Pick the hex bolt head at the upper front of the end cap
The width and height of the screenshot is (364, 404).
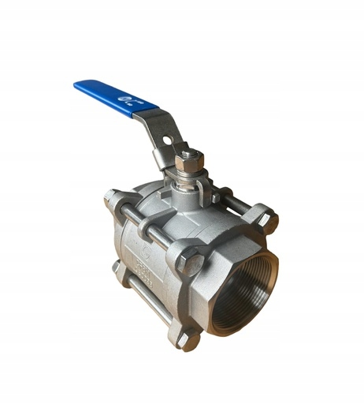pyautogui.click(x=190, y=260)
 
